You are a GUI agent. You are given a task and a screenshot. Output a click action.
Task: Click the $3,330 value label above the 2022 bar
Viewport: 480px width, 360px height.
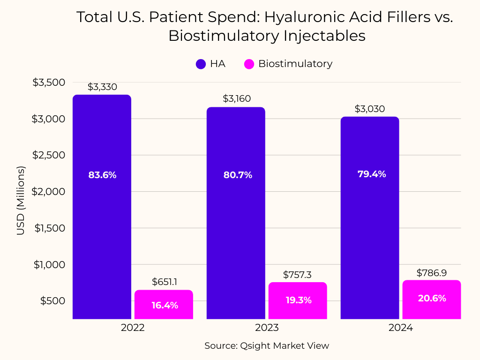point(102,87)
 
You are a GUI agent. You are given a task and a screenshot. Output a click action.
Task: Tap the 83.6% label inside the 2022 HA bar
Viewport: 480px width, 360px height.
point(102,175)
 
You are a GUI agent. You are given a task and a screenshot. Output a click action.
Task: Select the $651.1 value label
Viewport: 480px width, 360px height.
point(165,282)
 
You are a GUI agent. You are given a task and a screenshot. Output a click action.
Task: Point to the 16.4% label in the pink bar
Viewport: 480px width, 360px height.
point(165,305)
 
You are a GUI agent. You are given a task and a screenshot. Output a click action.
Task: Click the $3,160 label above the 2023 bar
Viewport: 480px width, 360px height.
point(237,98)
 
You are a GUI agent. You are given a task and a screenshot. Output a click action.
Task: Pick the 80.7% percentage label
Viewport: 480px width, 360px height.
point(238,175)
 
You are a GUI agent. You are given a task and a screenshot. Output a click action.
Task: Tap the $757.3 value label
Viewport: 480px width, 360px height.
point(297,275)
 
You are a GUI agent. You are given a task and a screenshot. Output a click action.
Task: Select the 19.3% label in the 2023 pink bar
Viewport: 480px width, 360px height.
point(299,300)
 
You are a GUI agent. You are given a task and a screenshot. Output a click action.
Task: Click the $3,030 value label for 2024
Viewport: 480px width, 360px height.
point(370,109)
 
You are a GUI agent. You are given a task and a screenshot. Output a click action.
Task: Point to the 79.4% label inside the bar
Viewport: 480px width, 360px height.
point(372,174)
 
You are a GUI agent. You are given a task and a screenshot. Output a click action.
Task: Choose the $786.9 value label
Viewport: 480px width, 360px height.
point(432,273)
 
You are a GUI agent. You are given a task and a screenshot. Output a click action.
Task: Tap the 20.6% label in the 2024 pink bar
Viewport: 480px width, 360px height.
point(432,298)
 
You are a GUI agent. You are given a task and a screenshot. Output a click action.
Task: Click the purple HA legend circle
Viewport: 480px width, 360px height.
point(201,64)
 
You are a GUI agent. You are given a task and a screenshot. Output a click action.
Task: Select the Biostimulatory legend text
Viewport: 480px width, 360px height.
point(295,64)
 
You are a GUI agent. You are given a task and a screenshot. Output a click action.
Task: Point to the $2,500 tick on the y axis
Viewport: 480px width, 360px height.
point(48,155)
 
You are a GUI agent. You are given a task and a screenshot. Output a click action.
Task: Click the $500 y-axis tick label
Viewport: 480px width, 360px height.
point(52,301)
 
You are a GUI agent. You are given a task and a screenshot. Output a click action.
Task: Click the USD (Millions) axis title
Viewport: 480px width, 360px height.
point(21,201)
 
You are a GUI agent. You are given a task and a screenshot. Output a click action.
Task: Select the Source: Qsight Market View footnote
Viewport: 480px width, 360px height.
point(267,346)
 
